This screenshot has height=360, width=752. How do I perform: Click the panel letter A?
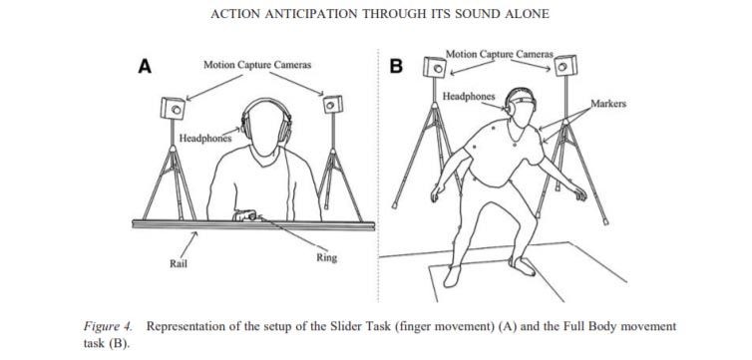(x=145, y=67)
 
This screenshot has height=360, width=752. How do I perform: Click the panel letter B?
(x=396, y=67)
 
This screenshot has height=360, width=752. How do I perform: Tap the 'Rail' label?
(x=179, y=263)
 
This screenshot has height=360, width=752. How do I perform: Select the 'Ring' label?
(x=326, y=258)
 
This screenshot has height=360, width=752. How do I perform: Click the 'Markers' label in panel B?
(x=608, y=104)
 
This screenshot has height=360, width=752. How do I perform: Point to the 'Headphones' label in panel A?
(x=205, y=139)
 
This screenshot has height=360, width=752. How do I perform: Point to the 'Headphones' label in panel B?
(x=468, y=97)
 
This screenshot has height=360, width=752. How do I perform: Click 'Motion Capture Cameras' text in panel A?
(x=257, y=65)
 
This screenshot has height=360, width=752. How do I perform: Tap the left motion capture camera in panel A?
(x=173, y=108)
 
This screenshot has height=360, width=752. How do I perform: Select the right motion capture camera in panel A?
(x=333, y=104)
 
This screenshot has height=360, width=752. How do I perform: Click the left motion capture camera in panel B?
(x=435, y=67)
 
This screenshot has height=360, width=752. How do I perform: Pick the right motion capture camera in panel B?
(x=566, y=65)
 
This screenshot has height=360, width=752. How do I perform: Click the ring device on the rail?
(x=245, y=215)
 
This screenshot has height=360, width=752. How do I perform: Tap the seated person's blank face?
(x=266, y=130)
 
